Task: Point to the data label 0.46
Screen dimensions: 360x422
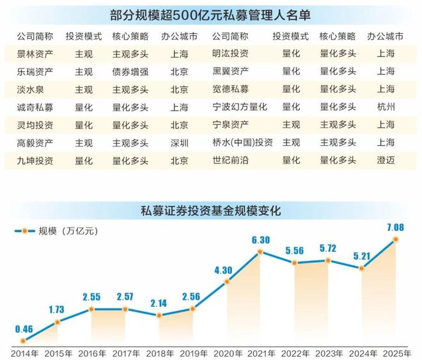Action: click(x=22, y=329)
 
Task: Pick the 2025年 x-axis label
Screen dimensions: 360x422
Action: click(x=396, y=353)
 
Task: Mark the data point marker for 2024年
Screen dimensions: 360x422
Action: click(x=363, y=269)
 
